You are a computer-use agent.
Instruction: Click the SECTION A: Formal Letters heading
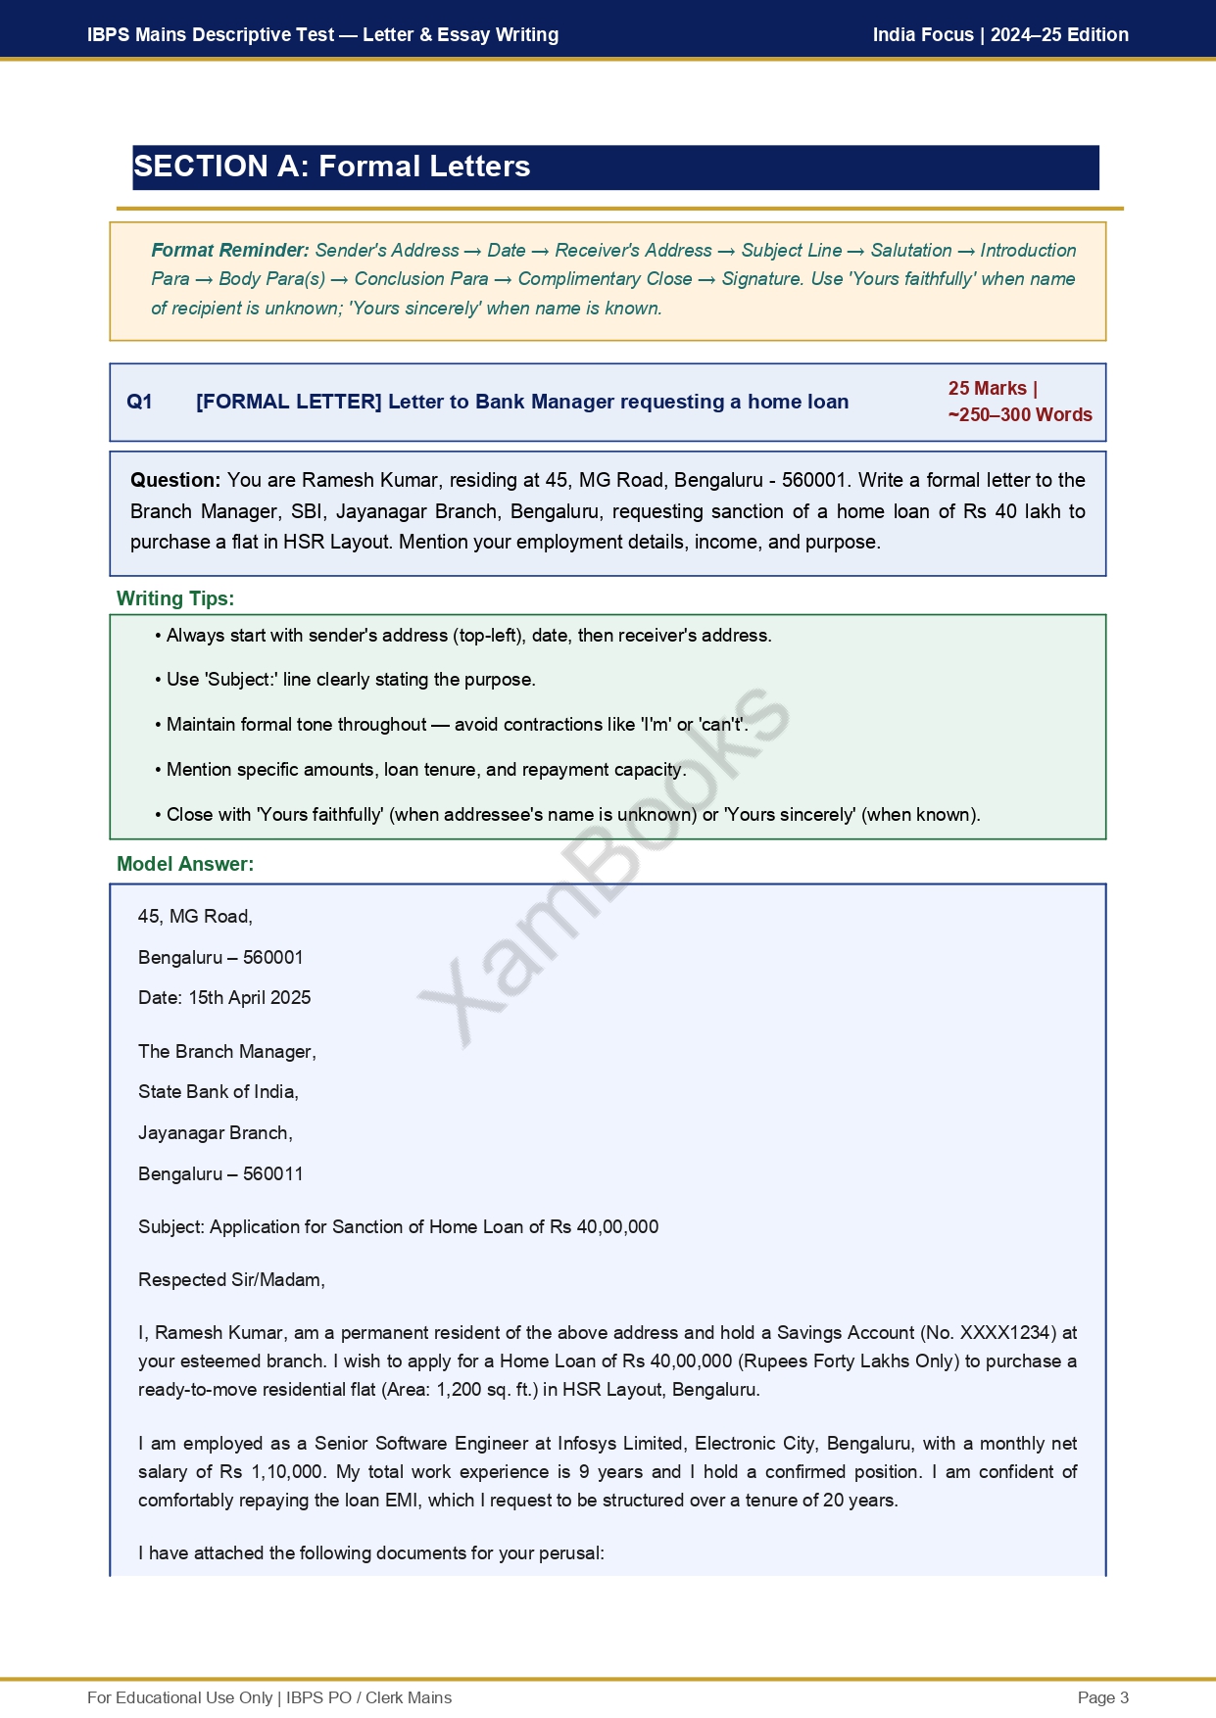(332, 167)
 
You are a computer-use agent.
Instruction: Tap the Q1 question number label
(139, 402)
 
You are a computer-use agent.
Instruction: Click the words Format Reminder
(230, 251)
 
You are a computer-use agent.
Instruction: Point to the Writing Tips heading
(175, 598)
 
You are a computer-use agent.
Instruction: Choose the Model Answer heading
(185, 864)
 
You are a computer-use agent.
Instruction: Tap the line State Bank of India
(219, 1092)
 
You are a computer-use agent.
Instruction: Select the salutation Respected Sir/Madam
(231, 1280)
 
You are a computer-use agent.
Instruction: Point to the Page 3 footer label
(1102, 1697)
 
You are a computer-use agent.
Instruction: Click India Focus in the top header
(923, 35)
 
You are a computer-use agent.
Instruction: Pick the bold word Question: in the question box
(175, 480)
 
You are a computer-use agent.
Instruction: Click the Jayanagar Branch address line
(216, 1133)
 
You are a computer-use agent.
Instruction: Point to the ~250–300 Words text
(1020, 414)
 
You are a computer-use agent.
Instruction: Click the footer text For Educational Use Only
(179, 1697)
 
